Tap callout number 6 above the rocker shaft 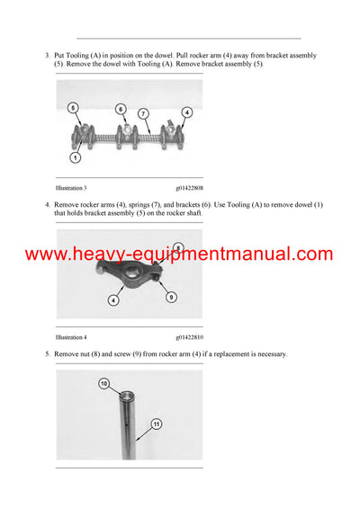pyautogui.click(x=121, y=109)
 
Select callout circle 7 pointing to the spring pyautogui.click(x=142, y=113)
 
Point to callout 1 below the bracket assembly pyautogui.click(x=75, y=158)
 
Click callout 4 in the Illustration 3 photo pyautogui.click(x=187, y=112)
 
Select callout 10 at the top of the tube pyautogui.click(x=103, y=384)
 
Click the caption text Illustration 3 pyautogui.click(x=71, y=187)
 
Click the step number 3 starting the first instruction pyautogui.click(x=47, y=56)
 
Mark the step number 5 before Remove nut pyautogui.click(x=47, y=354)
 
